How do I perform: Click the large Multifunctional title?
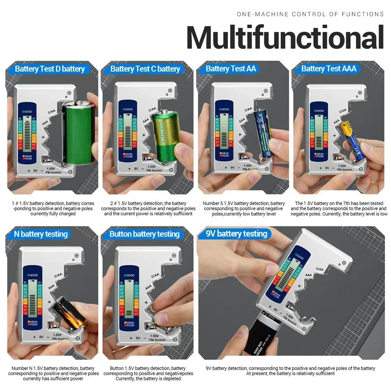285,38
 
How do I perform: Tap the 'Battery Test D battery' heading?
50,69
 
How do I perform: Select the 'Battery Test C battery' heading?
145,69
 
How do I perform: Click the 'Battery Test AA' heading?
231,69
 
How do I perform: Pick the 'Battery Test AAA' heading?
329,69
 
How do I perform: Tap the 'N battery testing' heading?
41,234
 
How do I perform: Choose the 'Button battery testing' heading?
144,234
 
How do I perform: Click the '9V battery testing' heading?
237,234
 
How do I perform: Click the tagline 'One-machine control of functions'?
310,14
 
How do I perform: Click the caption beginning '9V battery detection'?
290,371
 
